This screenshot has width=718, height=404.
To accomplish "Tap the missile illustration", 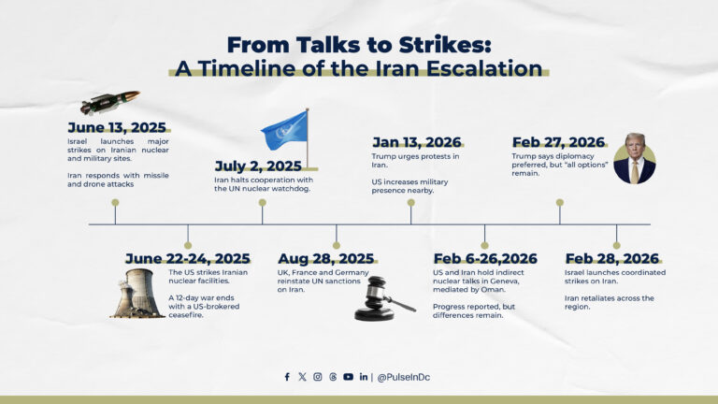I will coord(109,102).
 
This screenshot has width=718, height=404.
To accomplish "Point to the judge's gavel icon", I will coord(384,298).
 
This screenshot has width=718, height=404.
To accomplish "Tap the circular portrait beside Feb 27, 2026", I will coord(634,158).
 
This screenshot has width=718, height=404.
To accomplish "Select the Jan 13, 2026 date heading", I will coord(417,142).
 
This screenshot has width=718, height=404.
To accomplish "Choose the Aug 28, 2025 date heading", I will coord(325,259).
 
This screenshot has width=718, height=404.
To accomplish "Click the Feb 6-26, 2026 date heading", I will coord(484,259).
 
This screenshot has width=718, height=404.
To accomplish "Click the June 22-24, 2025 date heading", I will coord(187,259).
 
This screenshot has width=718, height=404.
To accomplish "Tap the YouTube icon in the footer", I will coord(348,377).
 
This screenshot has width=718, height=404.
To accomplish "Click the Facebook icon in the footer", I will coord(287,377).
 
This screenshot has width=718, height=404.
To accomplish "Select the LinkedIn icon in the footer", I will coord(363,377).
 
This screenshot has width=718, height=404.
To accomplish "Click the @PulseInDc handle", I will coord(403,377).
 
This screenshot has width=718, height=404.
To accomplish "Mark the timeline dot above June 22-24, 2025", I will coord(188,245).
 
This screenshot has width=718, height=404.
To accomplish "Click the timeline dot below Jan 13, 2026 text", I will coord(410,202).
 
